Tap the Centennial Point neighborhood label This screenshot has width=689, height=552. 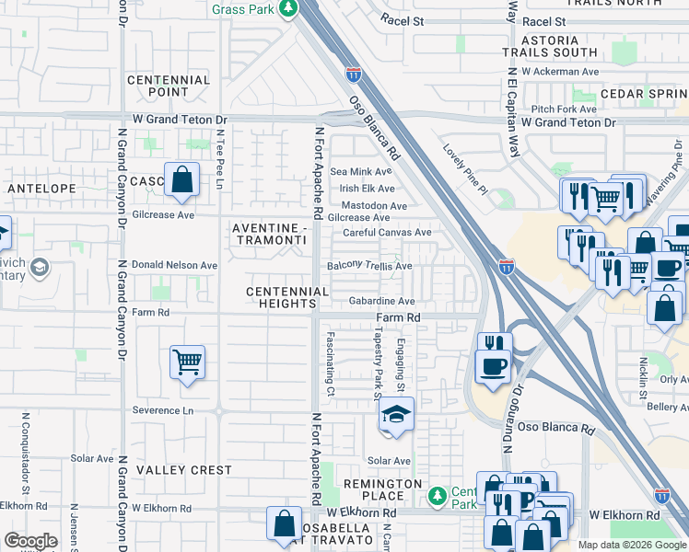coord(169,86)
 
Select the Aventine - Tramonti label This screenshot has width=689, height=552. coord(268,234)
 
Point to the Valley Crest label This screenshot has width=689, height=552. coord(184,470)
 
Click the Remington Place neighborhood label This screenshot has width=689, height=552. coord(382,490)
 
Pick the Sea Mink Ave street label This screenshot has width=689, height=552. coord(361,171)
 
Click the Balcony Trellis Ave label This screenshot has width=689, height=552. coord(369,266)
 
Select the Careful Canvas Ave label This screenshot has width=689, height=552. coord(387,233)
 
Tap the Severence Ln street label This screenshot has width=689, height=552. coord(163,410)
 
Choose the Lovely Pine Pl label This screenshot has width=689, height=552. coord(464,169)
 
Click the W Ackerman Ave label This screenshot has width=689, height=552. coord(559,71)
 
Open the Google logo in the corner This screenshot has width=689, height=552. coord(30,541)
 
